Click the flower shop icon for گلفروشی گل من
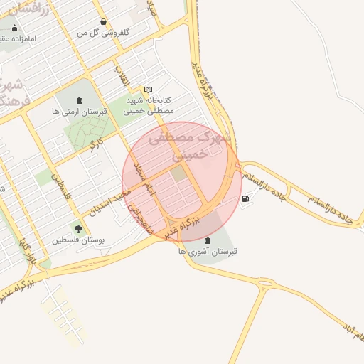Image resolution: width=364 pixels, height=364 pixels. pyautogui.click(x=105, y=21)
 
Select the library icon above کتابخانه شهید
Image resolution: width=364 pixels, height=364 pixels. pyautogui.click(x=148, y=90)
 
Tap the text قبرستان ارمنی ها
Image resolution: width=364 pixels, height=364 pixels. pyautogui.click(x=79, y=112)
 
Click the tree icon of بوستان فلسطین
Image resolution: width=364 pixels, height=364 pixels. pyautogui.click(x=77, y=228)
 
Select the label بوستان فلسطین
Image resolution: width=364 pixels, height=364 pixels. pyautogui.click(x=78, y=240)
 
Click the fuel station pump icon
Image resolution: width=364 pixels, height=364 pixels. pyautogui.click(x=246, y=198)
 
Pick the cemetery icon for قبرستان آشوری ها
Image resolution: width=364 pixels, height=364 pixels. pyautogui.click(x=208, y=240)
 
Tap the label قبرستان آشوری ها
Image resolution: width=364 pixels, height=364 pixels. pyautogui.click(x=208, y=252)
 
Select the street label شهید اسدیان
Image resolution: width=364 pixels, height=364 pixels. pyautogui.click(x=108, y=201)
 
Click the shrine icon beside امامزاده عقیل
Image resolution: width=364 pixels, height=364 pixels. pyautogui.click(x=14, y=28)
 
